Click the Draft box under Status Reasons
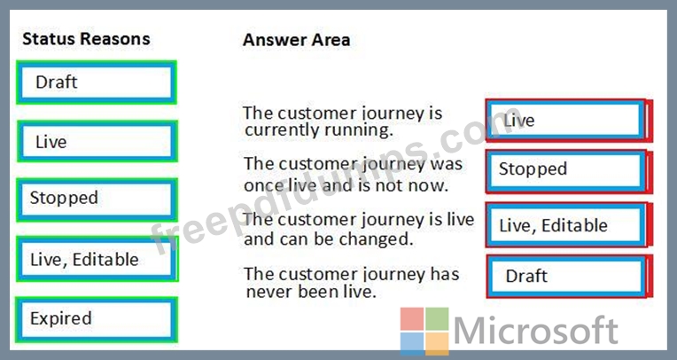pos(97,82)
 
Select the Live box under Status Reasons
pos(97,141)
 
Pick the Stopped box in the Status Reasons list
pos(97,200)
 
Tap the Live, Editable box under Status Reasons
pos(97,259)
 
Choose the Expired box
pos(97,319)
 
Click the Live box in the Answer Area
pos(569,120)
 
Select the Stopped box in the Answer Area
pos(569,171)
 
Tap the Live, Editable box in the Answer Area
pos(569,224)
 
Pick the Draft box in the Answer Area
pos(569,276)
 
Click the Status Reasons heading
pos(86,39)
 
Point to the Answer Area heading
pos(296,40)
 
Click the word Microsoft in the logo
pos(536,331)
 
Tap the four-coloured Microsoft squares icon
pos(424,332)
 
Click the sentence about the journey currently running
pos(342,121)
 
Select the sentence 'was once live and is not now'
pos(353,175)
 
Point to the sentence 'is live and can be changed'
pos(359,229)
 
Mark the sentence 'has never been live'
pos(352,283)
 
